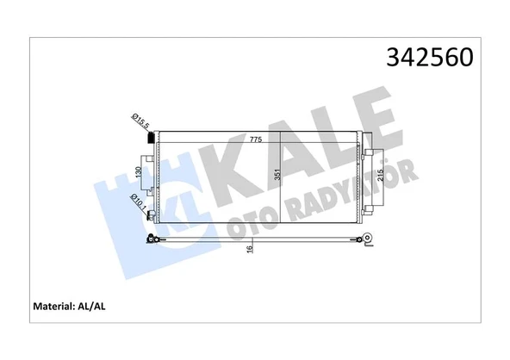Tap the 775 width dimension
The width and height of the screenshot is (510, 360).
click(x=256, y=140)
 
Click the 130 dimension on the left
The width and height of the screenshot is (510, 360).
click(x=139, y=172)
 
